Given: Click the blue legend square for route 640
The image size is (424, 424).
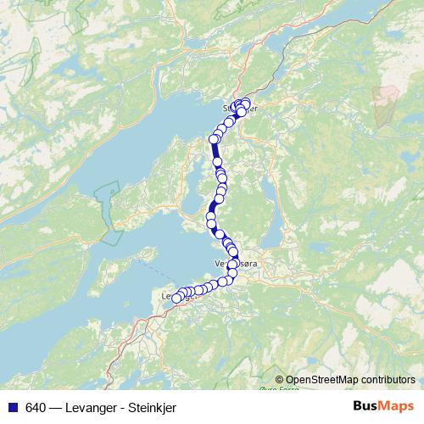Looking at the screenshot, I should (12, 407).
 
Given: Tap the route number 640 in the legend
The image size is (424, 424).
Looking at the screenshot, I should (35, 407).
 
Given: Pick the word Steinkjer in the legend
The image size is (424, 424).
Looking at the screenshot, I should (152, 407).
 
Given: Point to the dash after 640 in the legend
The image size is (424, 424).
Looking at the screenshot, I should (54, 407).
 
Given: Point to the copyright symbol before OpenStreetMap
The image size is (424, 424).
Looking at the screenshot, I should (280, 380).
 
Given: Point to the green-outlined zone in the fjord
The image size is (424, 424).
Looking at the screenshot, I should (108, 212).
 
